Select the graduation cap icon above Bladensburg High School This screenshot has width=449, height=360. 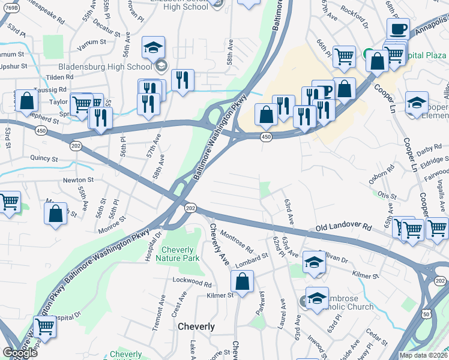pos(153,47)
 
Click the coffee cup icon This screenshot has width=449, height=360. pos(397,29)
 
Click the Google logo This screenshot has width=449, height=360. pos(20,353)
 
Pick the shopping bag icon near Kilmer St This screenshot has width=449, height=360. pos(242,281)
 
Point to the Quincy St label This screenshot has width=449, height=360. pos(45,160)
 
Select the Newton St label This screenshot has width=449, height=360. pos(79,179)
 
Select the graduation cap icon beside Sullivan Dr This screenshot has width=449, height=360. pos(314,262)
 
